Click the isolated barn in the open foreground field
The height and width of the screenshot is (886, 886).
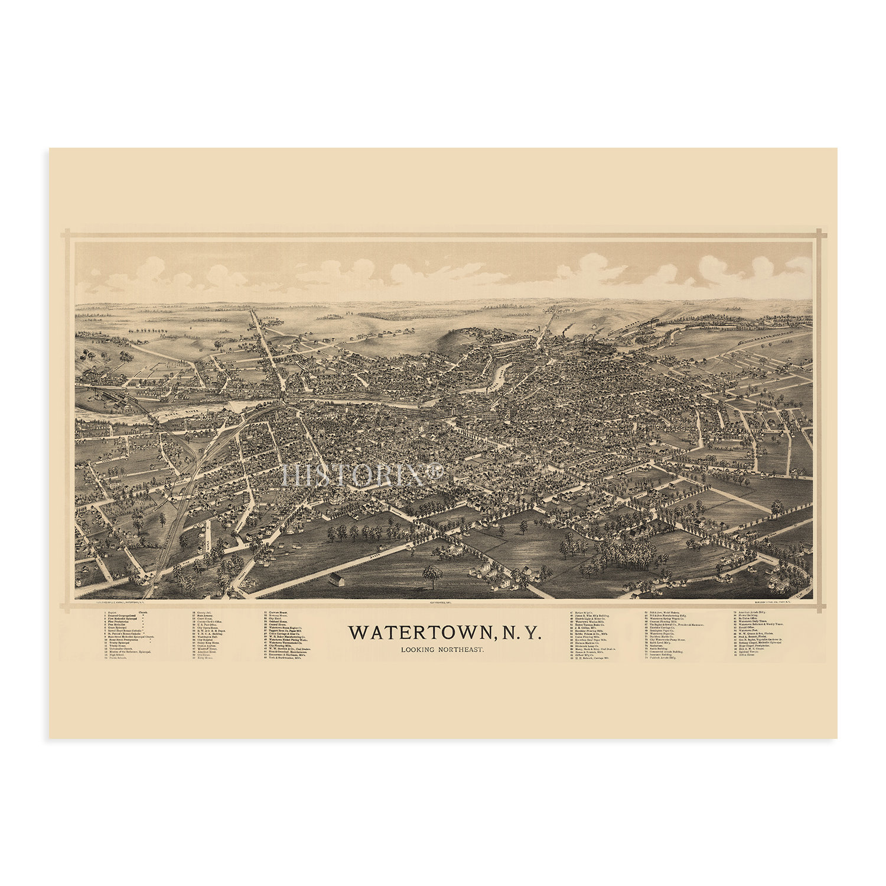click(336, 577)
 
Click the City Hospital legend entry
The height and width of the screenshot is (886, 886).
click(206, 639)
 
